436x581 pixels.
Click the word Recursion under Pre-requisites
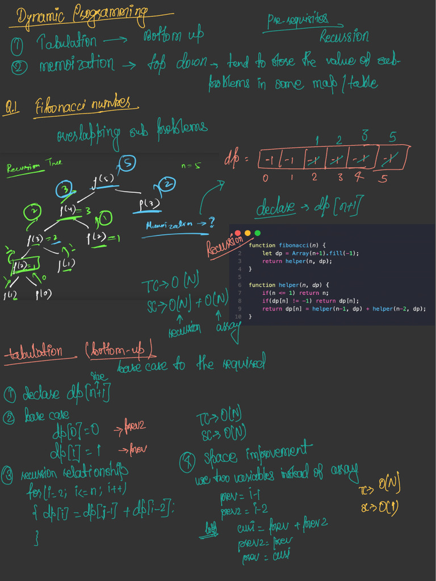[344, 37]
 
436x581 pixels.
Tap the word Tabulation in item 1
[66, 41]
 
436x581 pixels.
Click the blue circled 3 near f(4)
[65, 190]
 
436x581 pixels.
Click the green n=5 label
[191, 166]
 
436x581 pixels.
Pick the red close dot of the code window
[238, 233]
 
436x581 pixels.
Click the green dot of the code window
[257, 233]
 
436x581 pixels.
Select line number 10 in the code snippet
[238, 317]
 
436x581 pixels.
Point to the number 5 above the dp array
[392, 137]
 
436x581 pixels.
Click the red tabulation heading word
[40, 352]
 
